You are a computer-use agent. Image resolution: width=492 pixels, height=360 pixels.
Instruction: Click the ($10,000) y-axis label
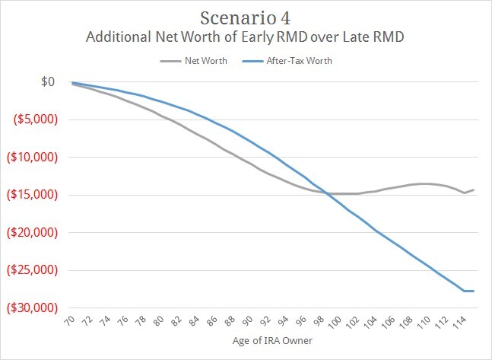[x=34, y=158]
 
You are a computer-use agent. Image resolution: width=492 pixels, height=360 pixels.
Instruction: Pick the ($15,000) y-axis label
[x=34, y=195]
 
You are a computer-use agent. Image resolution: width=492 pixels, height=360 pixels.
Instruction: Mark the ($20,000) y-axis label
[x=34, y=233]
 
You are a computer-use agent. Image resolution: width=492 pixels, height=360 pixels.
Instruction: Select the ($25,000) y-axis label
[x=34, y=270]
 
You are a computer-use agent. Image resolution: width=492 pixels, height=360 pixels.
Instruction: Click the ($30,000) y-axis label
[x=34, y=308]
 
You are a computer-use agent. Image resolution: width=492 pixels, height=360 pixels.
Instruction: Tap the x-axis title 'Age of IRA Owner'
[x=274, y=349]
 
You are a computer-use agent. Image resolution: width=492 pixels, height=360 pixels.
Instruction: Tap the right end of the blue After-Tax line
[x=475, y=291]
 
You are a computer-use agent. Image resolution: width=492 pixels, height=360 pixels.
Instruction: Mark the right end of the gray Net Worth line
[x=475, y=190]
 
